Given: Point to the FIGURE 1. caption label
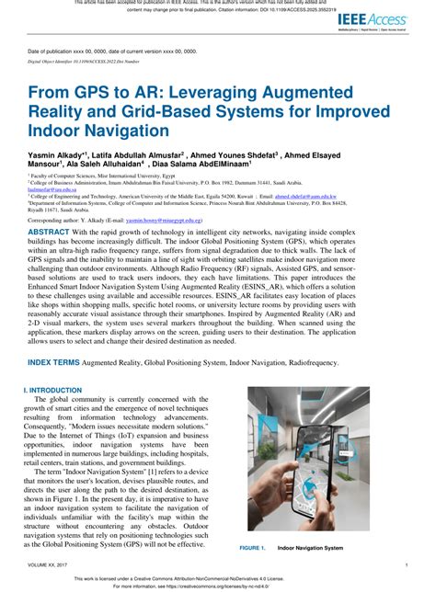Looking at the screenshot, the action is pos(253,548).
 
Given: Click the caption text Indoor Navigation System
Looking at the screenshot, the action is pos(310,548).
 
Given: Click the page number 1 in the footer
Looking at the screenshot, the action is pos(407,565).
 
